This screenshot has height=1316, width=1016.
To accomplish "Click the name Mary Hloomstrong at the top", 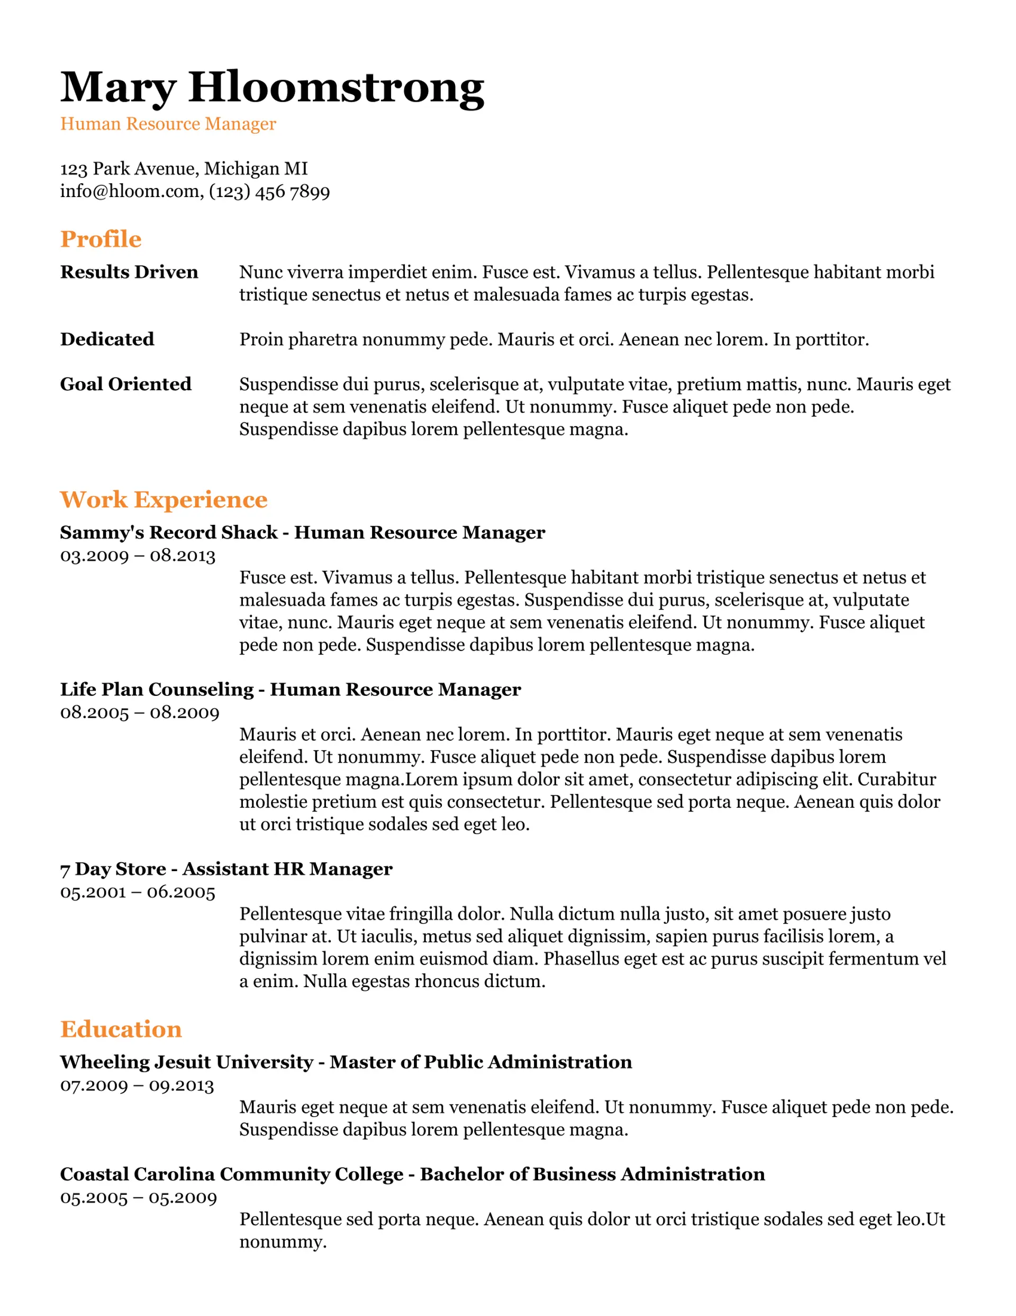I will click(271, 88).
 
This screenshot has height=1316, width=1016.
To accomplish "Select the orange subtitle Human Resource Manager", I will click(168, 124).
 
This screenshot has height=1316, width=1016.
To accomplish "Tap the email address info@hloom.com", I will click(130, 192).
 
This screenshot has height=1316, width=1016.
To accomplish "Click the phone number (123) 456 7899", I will click(269, 192).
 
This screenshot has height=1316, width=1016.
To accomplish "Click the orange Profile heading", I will click(101, 239).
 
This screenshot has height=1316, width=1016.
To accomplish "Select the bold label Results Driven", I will click(129, 272).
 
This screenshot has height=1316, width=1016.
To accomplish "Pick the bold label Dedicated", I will click(107, 339).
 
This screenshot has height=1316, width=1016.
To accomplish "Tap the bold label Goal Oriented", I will click(125, 384).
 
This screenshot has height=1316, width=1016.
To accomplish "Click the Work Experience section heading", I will click(163, 499).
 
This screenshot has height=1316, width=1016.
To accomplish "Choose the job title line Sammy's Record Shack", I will click(302, 533).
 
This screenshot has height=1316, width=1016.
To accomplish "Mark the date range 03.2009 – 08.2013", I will click(137, 556).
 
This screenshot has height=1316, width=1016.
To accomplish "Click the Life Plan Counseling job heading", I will click(291, 690).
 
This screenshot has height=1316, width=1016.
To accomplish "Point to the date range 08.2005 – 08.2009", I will click(140, 713).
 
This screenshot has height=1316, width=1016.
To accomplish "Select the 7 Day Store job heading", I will click(226, 869).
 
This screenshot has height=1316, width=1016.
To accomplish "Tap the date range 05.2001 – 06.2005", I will click(137, 892).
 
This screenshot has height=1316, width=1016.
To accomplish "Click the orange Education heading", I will click(121, 1029).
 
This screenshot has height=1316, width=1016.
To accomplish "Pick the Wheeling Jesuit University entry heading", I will click(346, 1062).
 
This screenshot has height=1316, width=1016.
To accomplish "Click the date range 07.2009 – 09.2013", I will click(137, 1086).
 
